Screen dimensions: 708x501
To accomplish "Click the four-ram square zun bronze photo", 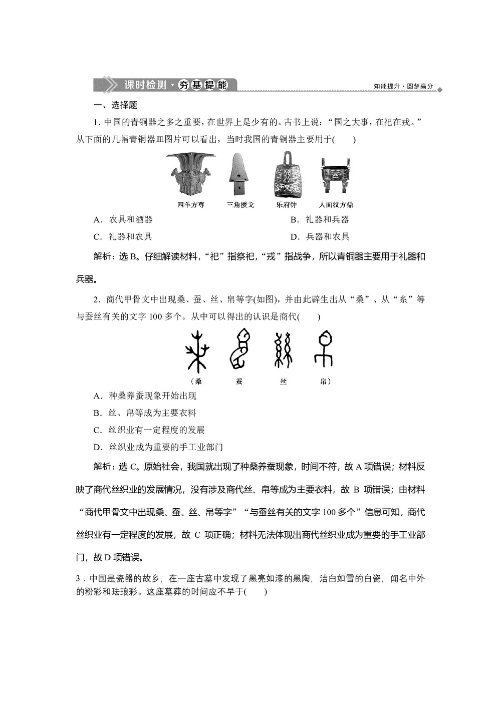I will (x=190, y=175).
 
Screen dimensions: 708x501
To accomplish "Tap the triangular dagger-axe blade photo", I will (x=239, y=174).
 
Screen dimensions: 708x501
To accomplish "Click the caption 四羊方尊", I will (x=191, y=205).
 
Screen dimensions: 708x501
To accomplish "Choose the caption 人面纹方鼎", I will (x=336, y=205).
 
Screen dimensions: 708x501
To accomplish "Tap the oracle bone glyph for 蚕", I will (x=239, y=349).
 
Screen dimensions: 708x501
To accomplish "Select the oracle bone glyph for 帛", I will (x=324, y=349).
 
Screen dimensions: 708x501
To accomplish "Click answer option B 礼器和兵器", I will (x=319, y=220).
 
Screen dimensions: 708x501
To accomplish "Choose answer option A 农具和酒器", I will (x=123, y=220).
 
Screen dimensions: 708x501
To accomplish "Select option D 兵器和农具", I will (x=320, y=237).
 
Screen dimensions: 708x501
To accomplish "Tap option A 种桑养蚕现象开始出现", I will (x=145, y=396).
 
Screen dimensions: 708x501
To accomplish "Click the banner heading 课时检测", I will (x=145, y=85).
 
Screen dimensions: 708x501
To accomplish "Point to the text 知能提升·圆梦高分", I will (x=403, y=87).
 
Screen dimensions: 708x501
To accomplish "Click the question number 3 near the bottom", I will (x=78, y=579).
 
